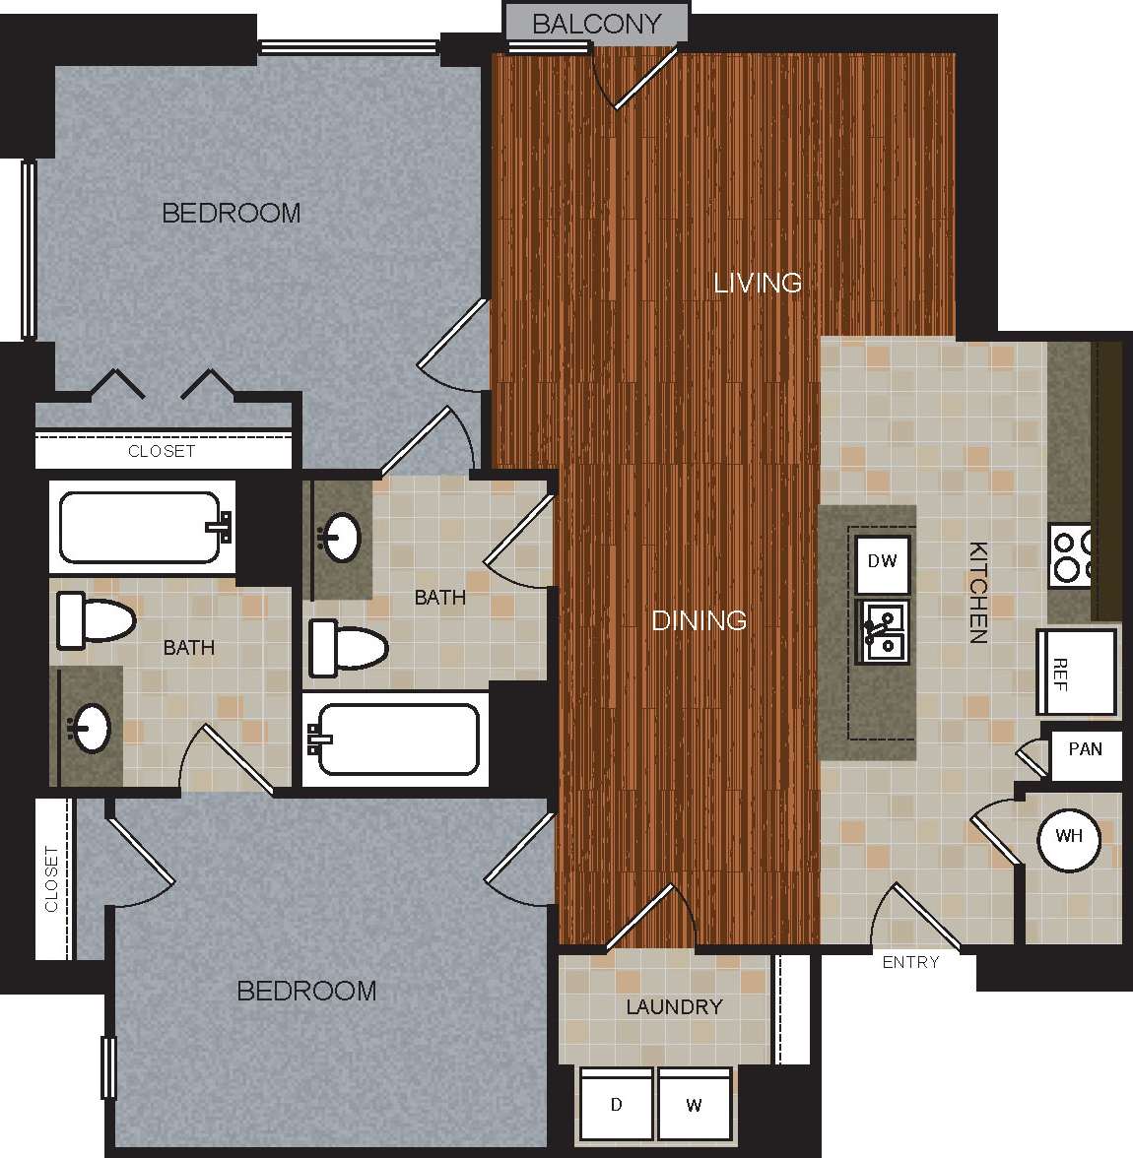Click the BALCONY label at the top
596,24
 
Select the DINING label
699,620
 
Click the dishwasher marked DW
882,561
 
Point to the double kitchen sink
883,632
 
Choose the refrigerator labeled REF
1075,673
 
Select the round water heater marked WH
1069,837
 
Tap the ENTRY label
910,962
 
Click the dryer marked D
616,1105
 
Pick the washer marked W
694,1105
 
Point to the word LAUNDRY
674,1006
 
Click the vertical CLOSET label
51,878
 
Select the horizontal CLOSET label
162,451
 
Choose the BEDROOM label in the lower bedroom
306,991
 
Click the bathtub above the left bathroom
144,527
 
